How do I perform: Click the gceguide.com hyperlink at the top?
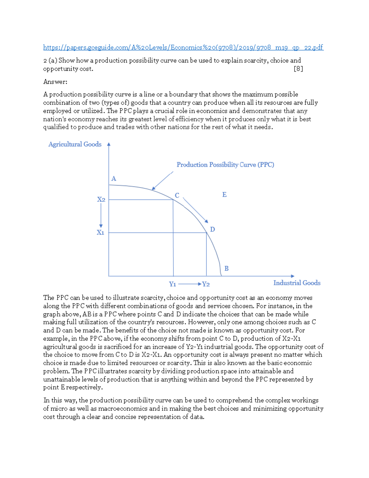click(x=183, y=47)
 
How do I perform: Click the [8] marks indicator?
click(x=298, y=69)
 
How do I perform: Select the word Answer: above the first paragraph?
click(x=55, y=82)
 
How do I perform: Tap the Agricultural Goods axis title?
click(x=75, y=144)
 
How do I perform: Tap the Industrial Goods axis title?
click(x=296, y=283)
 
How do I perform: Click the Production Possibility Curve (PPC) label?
click(x=225, y=165)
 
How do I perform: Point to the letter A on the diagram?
click(x=113, y=179)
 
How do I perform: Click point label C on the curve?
click(x=177, y=195)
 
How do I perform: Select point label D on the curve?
click(x=212, y=229)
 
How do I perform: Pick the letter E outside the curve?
click(x=224, y=195)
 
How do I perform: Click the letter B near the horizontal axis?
click(x=226, y=268)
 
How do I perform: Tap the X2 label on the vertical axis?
click(x=101, y=199)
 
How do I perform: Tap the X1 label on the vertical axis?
click(x=100, y=232)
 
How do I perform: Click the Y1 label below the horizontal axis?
click(x=173, y=284)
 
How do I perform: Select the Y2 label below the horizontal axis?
click(x=206, y=284)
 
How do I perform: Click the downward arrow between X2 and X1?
click(x=101, y=215)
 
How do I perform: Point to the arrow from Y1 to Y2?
click(x=189, y=284)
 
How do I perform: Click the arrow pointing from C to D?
click(x=196, y=210)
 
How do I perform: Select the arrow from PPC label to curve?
click(x=162, y=181)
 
